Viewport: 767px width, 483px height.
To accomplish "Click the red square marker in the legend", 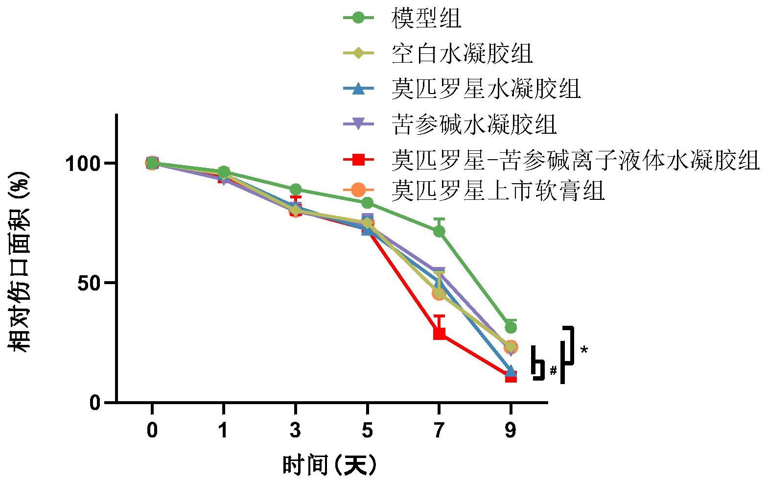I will (358, 160).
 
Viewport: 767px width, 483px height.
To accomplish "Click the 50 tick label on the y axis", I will (90, 283).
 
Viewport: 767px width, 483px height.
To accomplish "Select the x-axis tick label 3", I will (295, 431).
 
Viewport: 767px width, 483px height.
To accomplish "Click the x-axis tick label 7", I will (439, 431).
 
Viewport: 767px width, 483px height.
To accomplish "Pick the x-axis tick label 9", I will (511, 431).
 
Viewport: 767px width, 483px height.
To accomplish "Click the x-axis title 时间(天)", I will (330, 465).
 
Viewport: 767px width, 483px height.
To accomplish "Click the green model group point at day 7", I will (439, 231).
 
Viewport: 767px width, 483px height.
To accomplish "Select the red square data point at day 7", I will (439, 334).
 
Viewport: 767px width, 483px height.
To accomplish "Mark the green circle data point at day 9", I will (511, 327).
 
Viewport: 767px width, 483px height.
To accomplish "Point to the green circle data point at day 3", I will (295, 190).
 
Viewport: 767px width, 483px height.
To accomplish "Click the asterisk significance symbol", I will (584, 350).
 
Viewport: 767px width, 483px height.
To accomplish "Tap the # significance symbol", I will (553, 370).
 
